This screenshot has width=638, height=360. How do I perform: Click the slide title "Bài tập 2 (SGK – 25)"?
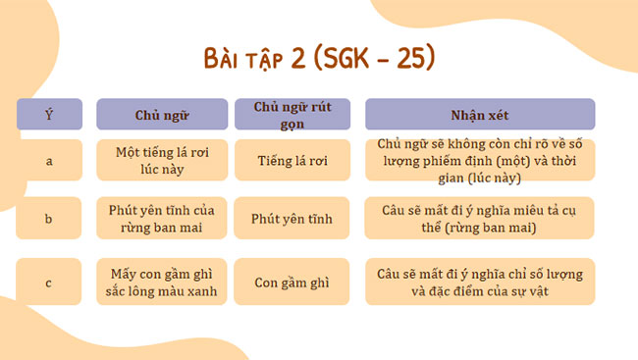319,58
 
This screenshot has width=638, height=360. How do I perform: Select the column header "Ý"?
49,115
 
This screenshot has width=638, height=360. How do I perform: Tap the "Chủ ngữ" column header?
161,115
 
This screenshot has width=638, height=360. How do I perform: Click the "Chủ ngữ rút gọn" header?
292,114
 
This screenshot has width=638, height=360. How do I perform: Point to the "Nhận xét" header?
480,115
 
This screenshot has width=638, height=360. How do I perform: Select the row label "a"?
49,160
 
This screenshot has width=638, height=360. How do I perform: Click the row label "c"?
49,283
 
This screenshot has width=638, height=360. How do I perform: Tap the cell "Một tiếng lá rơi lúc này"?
161,160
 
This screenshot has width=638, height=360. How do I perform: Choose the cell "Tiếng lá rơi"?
292,160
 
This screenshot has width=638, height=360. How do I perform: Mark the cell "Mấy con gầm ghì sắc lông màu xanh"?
161,283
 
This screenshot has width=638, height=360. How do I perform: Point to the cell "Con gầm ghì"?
292,283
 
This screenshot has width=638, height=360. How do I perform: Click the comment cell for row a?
480,160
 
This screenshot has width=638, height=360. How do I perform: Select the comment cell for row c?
480,283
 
